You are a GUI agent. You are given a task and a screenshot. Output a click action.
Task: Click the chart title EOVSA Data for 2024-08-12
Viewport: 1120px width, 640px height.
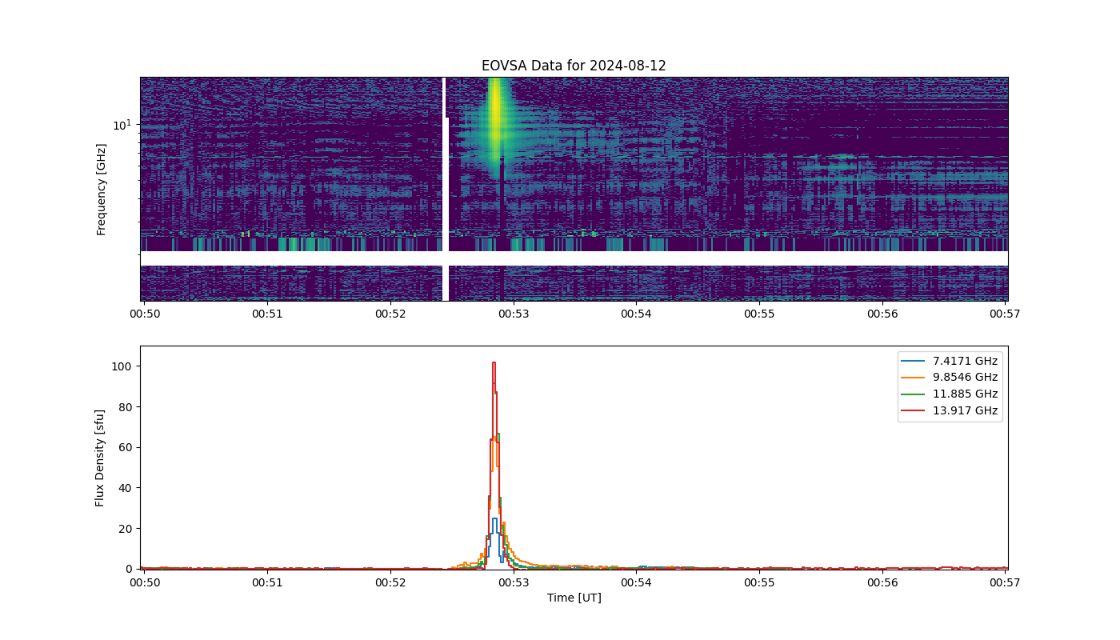click(574, 66)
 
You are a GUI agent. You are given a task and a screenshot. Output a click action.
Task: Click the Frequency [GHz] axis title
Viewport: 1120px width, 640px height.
click(101, 190)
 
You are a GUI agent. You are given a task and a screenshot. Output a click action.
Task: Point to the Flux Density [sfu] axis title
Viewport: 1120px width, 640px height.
click(99, 458)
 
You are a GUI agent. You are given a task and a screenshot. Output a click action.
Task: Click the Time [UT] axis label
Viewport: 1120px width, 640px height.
click(574, 598)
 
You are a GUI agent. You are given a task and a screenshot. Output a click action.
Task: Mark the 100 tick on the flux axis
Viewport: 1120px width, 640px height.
click(121, 366)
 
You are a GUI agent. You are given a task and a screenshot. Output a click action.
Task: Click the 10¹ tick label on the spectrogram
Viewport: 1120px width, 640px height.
click(122, 125)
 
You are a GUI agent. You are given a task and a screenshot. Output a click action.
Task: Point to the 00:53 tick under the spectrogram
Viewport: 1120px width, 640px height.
click(514, 314)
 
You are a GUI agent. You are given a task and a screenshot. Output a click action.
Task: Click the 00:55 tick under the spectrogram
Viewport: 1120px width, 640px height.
click(759, 314)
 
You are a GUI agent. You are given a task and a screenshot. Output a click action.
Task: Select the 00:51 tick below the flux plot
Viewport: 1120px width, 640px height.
click(267, 582)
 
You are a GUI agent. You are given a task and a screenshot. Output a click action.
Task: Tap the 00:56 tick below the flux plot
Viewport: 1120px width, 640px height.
click(882, 582)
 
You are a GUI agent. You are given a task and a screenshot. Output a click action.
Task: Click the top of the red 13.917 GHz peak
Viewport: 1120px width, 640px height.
click(494, 362)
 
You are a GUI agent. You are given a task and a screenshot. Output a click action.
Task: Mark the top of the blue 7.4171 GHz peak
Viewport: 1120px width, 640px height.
click(494, 518)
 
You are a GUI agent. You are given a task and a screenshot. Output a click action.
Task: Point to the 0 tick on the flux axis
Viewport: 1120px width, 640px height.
click(129, 569)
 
